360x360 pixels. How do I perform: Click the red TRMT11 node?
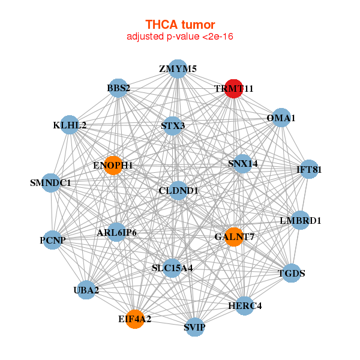click(x=233, y=88)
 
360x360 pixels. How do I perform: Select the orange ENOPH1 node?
click(x=113, y=165)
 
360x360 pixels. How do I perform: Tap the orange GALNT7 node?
click(x=233, y=237)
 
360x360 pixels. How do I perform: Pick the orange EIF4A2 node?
click(x=135, y=319)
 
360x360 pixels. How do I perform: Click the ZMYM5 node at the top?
click(x=178, y=69)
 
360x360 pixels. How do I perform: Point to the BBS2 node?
click(x=118, y=88)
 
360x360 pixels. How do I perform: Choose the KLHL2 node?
click(x=70, y=125)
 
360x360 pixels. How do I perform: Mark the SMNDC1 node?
click(x=51, y=182)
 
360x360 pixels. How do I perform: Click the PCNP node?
click(x=52, y=240)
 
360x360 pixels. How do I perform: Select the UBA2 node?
click(x=86, y=290)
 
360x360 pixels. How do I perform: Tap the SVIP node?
click(x=194, y=327)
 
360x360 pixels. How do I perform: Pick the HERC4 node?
click(x=245, y=305)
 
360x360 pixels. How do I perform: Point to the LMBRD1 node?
click(x=300, y=221)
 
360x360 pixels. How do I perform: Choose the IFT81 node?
click(x=309, y=169)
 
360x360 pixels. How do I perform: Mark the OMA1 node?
click(x=281, y=118)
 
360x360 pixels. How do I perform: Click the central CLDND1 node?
click(x=178, y=191)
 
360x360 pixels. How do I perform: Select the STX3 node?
click(x=173, y=126)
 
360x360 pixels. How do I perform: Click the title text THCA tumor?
click(x=180, y=25)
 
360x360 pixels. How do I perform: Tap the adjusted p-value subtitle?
click(x=180, y=37)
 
